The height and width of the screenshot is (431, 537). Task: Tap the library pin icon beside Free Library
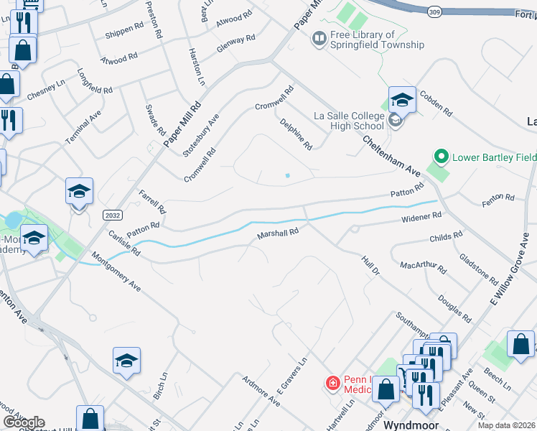point(319,38)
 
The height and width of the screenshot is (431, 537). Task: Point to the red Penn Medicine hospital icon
point(332,384)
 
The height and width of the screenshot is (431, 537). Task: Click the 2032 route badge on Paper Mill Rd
point(113,215)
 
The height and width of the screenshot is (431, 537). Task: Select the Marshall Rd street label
point(278,233)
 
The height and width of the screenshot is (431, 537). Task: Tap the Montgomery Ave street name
point(116,270)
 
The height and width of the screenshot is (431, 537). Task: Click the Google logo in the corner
point(24,422)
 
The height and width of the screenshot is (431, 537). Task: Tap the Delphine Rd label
point(296,134)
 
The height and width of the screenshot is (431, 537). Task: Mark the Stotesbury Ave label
point(200,135)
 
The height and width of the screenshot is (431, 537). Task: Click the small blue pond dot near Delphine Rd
point(287,175)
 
